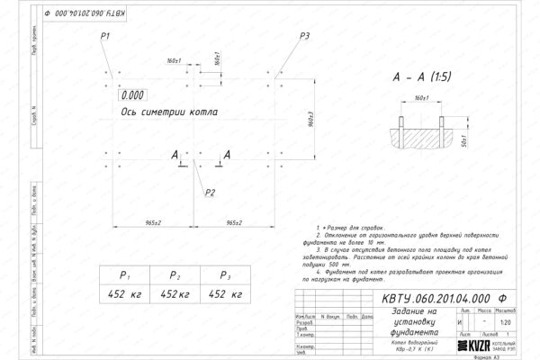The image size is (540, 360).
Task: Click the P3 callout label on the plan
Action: pos(305,35)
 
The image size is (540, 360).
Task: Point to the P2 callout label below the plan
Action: pos(210,192)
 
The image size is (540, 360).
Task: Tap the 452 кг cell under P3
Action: pos(221,293)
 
